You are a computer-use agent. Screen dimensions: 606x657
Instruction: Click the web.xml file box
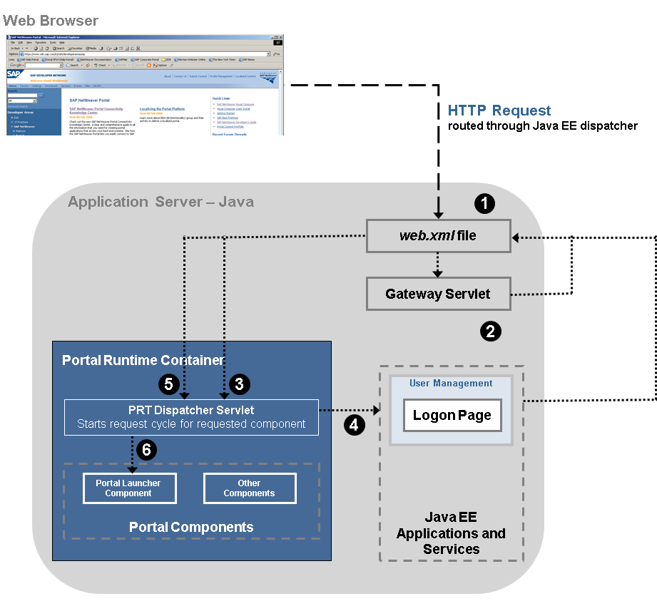pyautogui.click(x=438, y=236)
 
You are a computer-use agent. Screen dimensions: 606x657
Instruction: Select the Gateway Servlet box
pyautogui.click(x=438, y=294)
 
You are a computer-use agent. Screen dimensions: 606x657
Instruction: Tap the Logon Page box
pyautogui.click(x=452, y=416)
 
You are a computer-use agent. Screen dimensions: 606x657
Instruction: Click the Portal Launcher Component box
pyautogui.click(x=128, y=488)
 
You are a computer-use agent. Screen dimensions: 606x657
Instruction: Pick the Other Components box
pyautogui.click(x=249, y=488)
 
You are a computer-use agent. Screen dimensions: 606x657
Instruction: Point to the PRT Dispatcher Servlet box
pyautogui.click(x=191, y=417)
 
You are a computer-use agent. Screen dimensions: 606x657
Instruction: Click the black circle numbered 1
pyautogui.click(x=485, y=204)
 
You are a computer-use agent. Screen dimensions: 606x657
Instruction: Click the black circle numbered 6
pyautogui.click(x=147, y=450)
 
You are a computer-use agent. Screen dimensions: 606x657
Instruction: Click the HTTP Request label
pyautogui.click(x=499, y=111)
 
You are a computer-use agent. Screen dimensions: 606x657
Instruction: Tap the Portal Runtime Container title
pyautogui.click(x=143, y=360)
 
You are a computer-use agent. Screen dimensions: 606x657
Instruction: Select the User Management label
pyautogui.click(x=451, y=384)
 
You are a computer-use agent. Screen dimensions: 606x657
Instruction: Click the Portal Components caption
pyautogui.click(x=191, y=528)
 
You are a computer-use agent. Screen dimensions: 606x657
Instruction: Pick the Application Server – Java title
pyautogui.click(x=161, y=202)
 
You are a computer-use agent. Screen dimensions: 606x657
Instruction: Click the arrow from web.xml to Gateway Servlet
pyautogui.click(x=438, y=265)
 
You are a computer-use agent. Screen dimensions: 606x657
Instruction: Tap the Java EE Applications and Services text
pyautogui.click(x=451, y=533)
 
